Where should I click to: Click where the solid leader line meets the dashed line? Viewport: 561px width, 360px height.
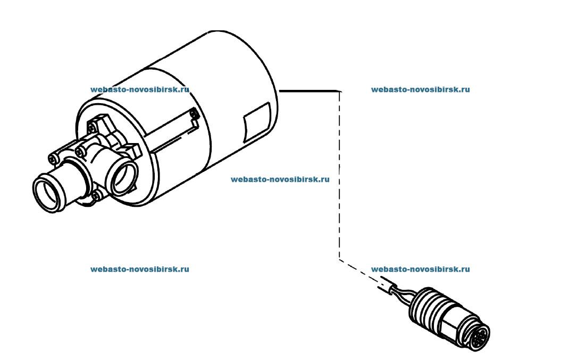[339, 91]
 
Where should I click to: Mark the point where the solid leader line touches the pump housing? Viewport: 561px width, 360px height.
[279, 91]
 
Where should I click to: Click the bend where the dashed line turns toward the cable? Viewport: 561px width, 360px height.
[339, 258]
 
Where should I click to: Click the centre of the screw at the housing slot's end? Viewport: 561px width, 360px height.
[194, 114]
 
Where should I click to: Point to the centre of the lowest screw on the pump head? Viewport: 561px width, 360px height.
[96, 195]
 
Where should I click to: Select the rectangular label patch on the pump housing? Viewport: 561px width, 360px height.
[256, 121]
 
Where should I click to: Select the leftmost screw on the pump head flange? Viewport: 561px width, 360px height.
[53, 158]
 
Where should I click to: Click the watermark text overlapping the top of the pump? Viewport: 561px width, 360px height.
[139, 89]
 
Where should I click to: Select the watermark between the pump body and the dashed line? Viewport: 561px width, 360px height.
[280, 179]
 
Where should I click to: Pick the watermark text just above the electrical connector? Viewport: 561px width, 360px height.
[420, 269]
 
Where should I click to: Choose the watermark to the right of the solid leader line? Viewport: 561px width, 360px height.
[420, 89]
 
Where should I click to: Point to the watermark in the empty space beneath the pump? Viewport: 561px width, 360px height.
[139, 269]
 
